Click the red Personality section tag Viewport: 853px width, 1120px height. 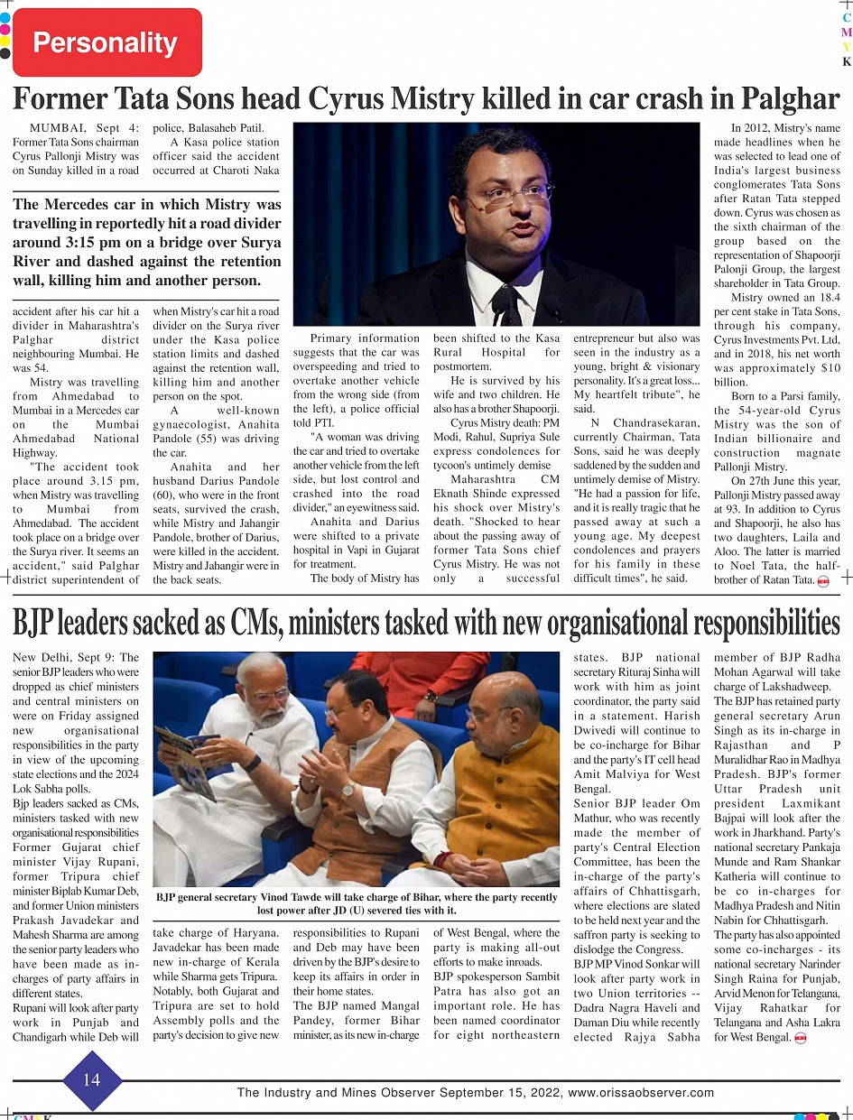click(x=107, y=42)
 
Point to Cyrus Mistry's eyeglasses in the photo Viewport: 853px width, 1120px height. click(x=516, y=194)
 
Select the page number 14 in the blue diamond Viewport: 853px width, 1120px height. click(x=91, y=1080)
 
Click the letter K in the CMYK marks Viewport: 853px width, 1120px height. click(x=846, y=62)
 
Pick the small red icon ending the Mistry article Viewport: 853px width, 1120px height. click(x=823, y=580)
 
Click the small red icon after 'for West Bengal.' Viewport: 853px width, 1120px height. click(x=800, y=1038)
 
